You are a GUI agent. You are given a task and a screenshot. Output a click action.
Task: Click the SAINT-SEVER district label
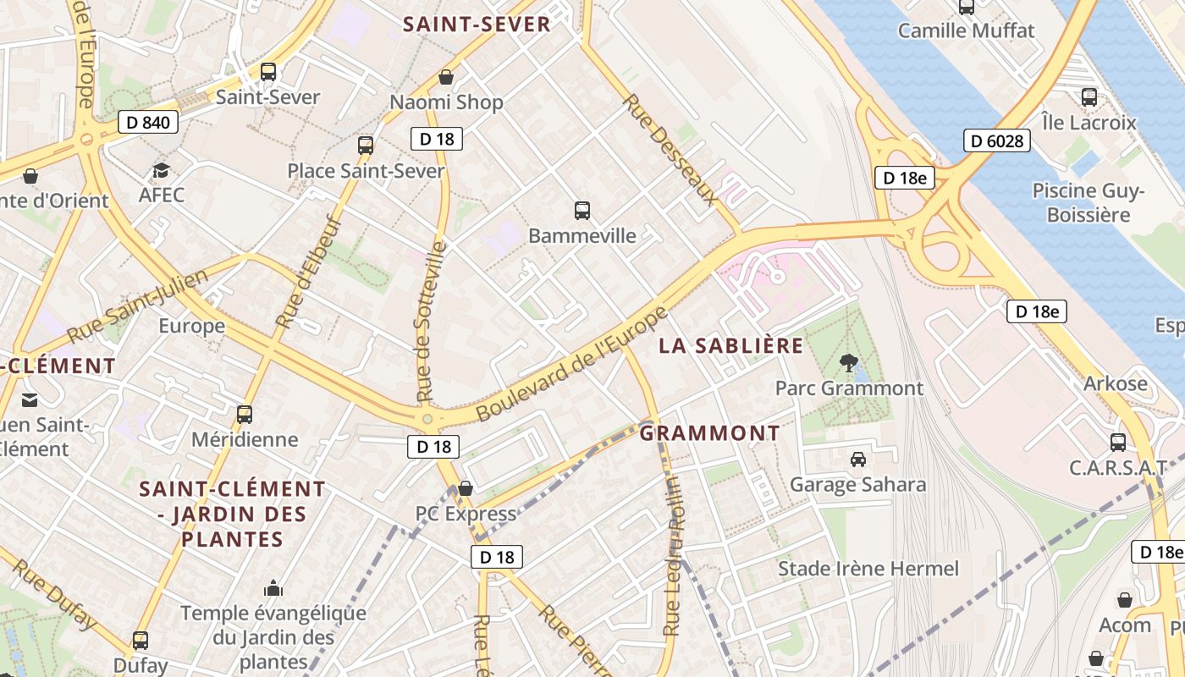pyautogui.click(x=477, y=25)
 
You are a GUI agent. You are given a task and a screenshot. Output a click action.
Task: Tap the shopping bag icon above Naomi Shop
pyautogui.click(x=446, y=78)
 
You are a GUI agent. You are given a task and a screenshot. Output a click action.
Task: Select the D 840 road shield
pyautogui.click(x=147, y=123)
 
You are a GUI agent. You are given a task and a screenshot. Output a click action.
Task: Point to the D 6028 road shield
pyautogui.click(x=996, y=140)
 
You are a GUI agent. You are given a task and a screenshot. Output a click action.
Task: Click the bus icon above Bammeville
pyautogui.click(x=581, y=211)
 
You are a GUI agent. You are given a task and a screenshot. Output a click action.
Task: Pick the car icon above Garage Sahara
pyautogui.click(x=857, y=460)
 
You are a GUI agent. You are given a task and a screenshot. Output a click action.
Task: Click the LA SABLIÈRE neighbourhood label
pyautogui.click(x=731, y=345)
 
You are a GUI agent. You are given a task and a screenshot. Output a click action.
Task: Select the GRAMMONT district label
pyautogui.click(x=709, y=433)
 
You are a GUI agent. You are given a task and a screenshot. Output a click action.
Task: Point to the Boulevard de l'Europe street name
pyautogui.click(x=572, y=364)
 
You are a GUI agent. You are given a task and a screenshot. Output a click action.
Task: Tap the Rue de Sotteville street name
pyautogui.click(x=431, y=322)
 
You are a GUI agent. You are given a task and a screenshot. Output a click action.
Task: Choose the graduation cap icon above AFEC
pyautogui.click(x=161, y=171)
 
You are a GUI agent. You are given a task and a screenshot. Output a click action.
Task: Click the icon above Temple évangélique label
pyautogui.click(x=273, y=588)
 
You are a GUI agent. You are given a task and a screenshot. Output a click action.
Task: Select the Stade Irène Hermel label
pyautogui.click(x=868, y=569)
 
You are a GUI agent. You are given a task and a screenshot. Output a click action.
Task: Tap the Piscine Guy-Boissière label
pyautogui.click(x=1088, y=203)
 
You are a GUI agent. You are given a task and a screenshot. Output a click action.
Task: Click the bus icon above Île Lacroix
pyautogui.click(x=1089, y=97)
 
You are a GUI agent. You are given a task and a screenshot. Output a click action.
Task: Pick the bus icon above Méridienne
pyautogui.click(x=245, y=415)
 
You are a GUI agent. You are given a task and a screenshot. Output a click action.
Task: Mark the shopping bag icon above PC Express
pyautogui.click(x=465, y=488)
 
